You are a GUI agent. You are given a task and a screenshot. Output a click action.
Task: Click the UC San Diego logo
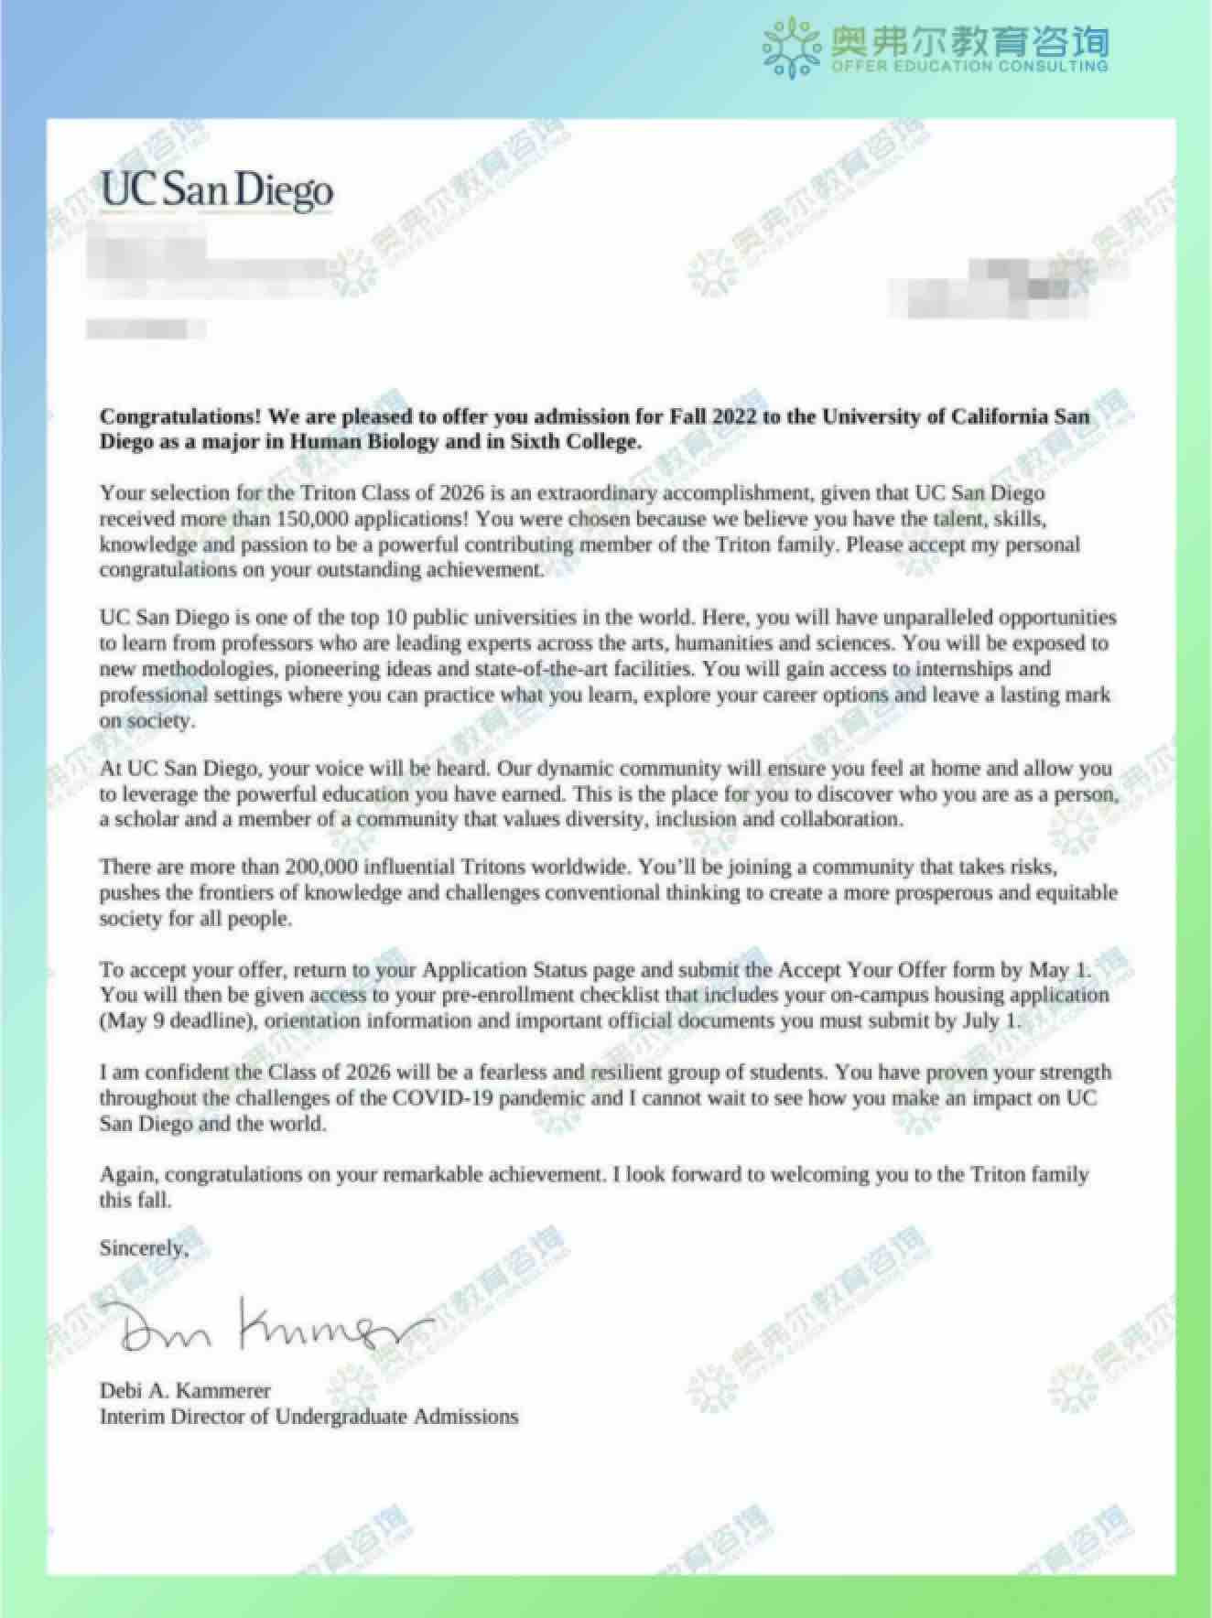click(216, 189)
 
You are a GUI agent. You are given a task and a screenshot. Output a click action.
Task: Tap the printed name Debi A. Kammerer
click(185, 1391)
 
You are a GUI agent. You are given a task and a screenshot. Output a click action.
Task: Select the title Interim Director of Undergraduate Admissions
click(308, 1417)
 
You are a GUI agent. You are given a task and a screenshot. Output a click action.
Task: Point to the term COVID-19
click(442, 1098)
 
